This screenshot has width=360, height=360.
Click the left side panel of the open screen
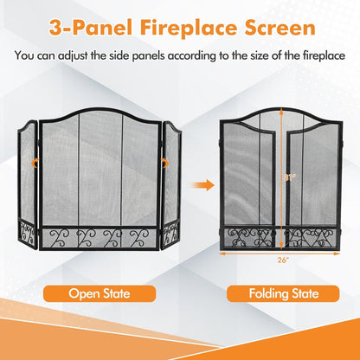pos(26,182)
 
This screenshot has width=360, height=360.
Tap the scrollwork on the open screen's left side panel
pos(26,233)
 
